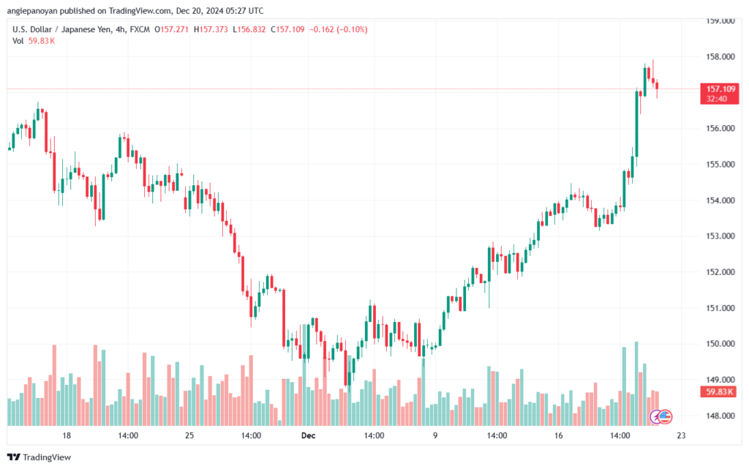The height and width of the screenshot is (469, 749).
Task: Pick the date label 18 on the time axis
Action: coord(67,435)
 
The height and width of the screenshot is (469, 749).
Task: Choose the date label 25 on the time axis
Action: coord(189,435)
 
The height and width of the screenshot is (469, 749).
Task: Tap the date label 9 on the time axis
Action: coord(435,435)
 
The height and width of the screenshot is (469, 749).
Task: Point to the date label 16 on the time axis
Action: coord(558,435)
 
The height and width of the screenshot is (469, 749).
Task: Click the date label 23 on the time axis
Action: coord(680,435)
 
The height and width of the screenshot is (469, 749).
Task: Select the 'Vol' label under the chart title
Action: coord(19,41)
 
